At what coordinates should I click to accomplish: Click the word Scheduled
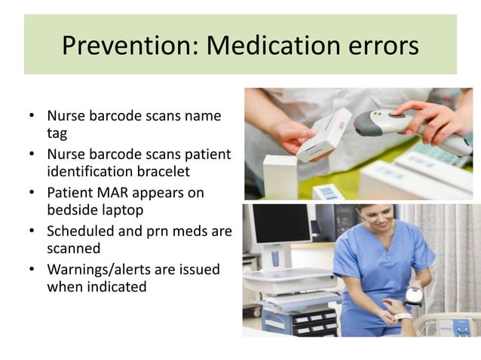81,231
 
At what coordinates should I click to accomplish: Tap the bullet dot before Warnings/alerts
32,270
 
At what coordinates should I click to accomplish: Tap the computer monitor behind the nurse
280,225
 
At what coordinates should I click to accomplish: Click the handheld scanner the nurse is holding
412,296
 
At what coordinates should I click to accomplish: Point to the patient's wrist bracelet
403,316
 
